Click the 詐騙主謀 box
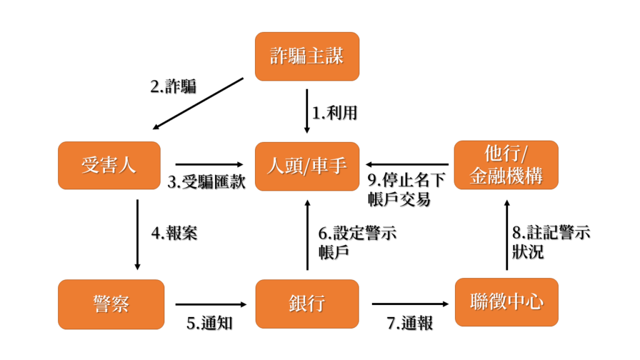[307, 56]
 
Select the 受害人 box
[109, 165]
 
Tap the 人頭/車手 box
[307, 166]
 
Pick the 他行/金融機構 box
[506, 165]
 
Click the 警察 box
[111, 304]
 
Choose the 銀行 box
[307, 304]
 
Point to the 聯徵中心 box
[506, 302]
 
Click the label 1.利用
[335, 112]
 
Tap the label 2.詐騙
[174, 86]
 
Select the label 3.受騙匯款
[206, 182]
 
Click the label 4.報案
[174, 233]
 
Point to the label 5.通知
[209, 323]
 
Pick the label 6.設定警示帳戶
[357, 243]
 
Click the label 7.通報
[410, 323]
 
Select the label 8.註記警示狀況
[551, 242]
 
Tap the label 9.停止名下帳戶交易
[406, 190]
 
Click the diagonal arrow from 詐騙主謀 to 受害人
[198, 104]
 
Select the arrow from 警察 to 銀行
[211, 304]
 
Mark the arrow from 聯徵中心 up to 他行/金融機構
[507, 235]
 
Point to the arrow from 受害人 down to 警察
[137, 235]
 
